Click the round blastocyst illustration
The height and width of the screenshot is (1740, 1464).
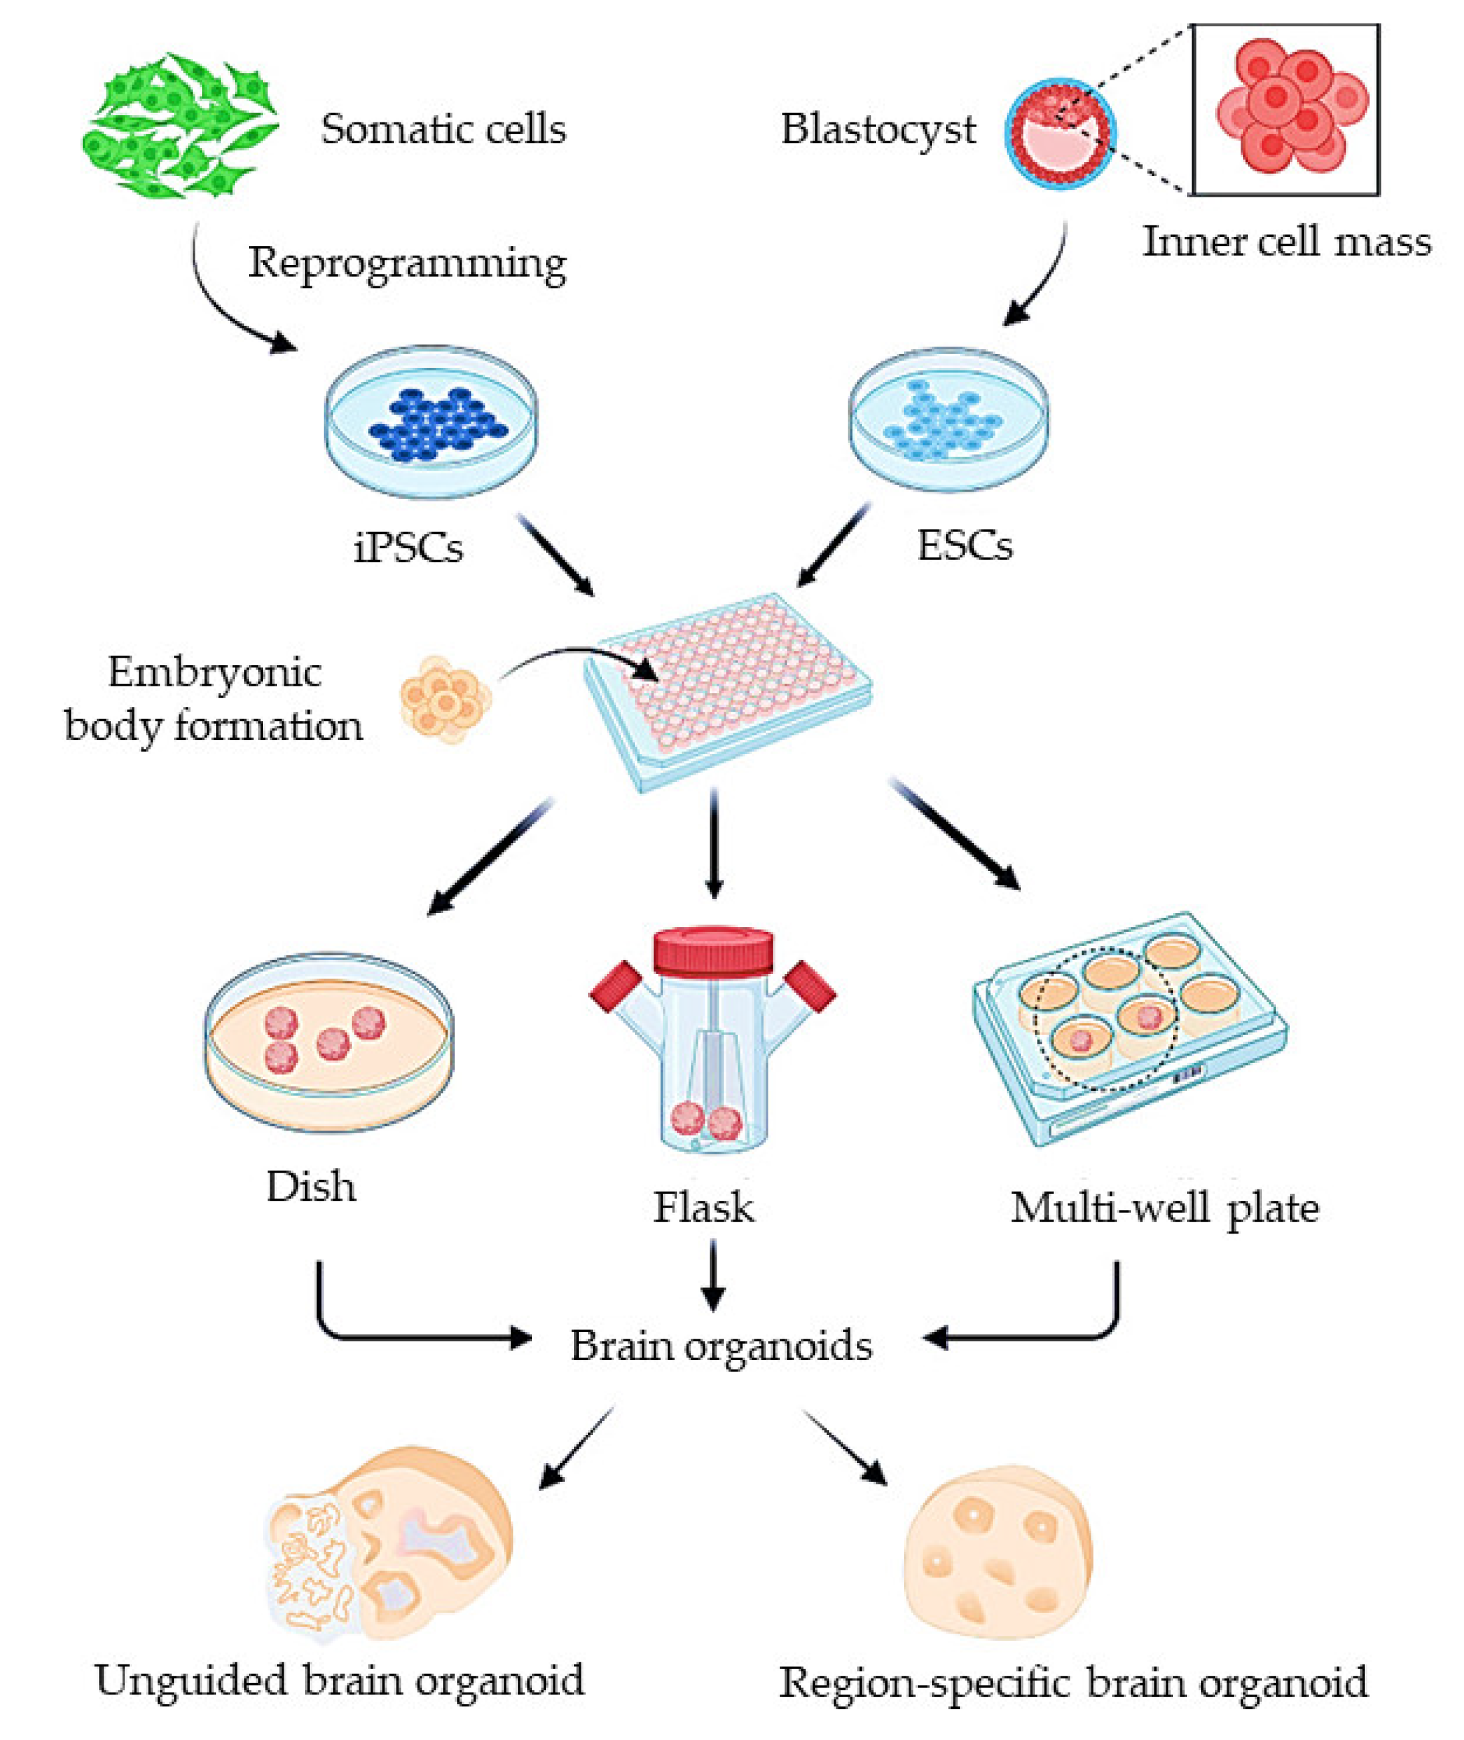1060,132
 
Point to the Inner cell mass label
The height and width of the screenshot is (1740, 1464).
1287,242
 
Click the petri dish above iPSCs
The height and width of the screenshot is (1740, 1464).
431,421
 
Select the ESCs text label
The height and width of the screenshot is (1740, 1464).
964,546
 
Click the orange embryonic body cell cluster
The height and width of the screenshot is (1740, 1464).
446,698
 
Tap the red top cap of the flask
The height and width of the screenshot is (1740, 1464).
713,951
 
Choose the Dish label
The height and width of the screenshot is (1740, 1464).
310,1187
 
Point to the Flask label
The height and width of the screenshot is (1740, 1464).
704,1207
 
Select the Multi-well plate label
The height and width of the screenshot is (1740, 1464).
1164,1208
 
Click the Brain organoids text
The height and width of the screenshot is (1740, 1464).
721,1345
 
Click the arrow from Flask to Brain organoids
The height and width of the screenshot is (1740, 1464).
713,1274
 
